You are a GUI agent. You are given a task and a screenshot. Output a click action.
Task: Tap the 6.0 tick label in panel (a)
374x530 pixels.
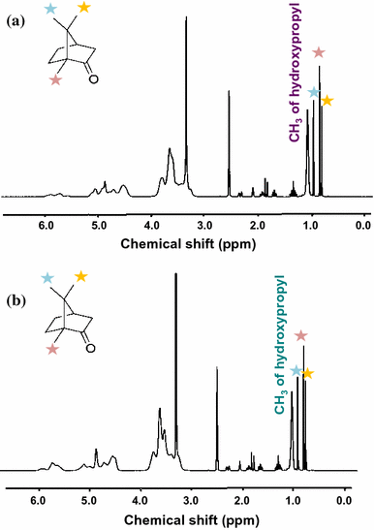pos(46,227)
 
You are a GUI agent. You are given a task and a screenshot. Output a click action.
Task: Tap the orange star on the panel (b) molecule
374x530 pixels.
pos(81,278)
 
